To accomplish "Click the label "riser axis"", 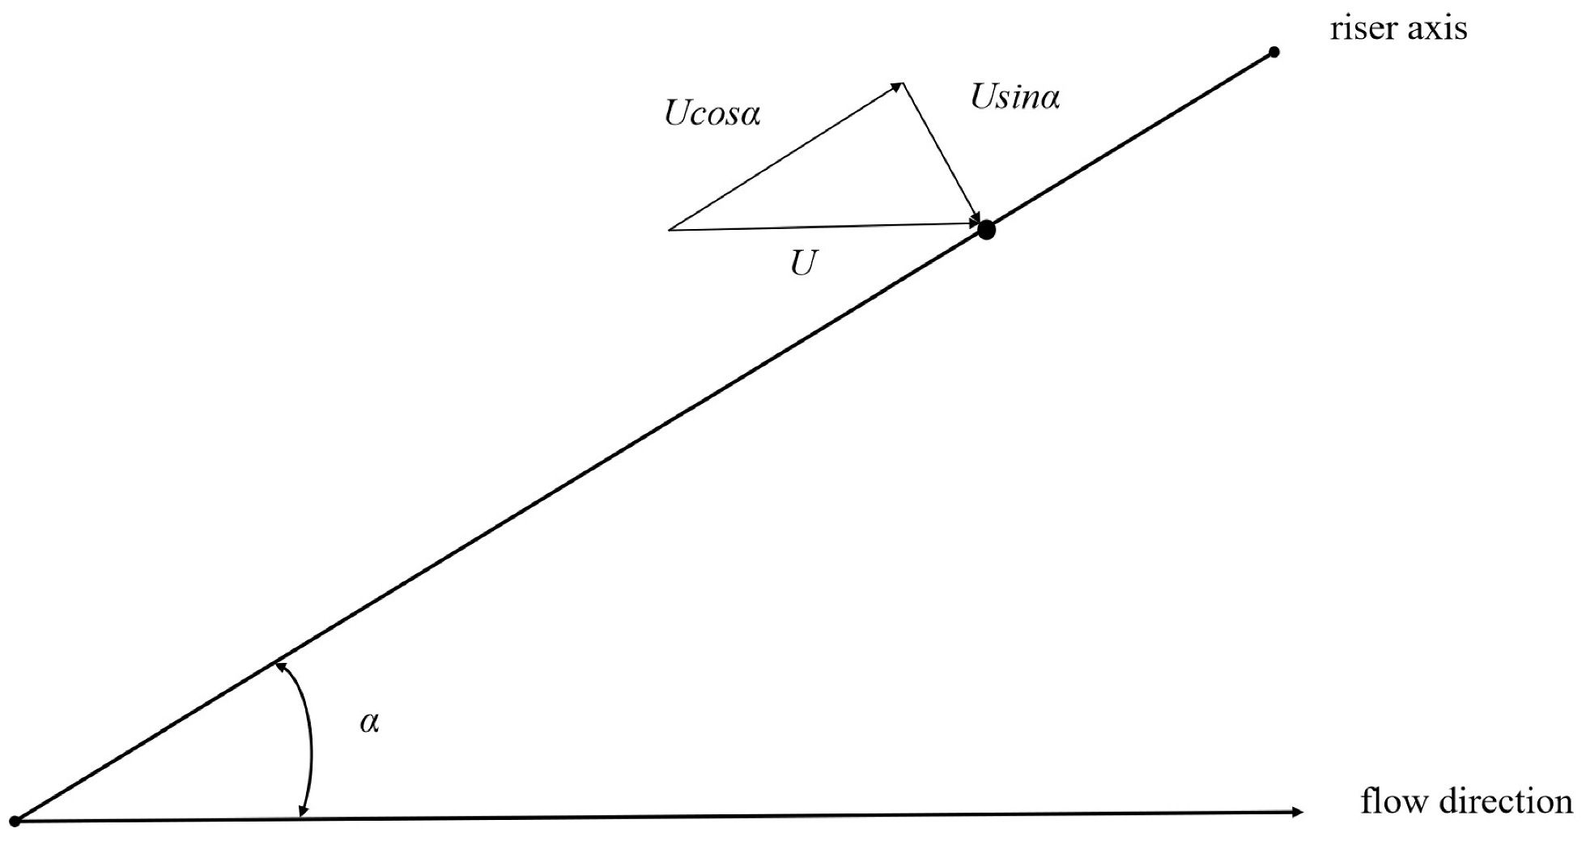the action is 1398,29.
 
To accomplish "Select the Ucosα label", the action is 712,114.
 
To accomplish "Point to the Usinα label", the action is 1014,98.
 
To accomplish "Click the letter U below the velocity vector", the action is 803,263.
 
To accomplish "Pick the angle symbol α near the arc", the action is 369,723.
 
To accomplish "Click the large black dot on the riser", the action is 985,230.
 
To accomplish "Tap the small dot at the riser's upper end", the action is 1273,53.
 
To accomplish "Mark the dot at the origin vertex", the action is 14,821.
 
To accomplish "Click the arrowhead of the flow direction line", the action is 1298,812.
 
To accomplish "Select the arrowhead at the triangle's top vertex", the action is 897,85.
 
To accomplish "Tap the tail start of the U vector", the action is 670,230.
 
